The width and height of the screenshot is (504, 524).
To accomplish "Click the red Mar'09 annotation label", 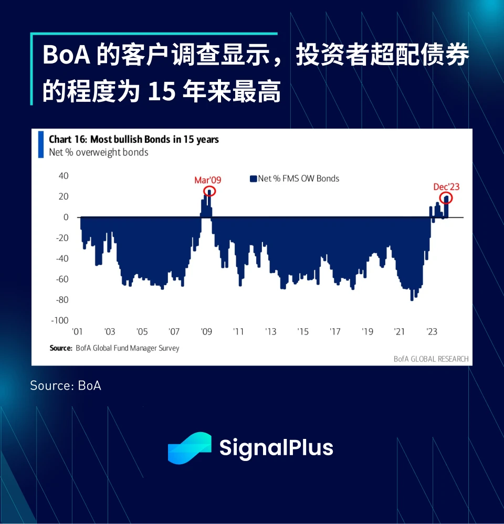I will point(208,180).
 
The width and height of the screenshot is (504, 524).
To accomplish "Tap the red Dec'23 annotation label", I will point(446,187).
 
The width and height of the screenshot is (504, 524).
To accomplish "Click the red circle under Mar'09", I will point(209,192).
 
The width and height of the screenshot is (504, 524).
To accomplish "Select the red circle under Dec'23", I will point(446,198).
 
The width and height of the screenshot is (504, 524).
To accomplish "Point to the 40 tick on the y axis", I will point(64,175).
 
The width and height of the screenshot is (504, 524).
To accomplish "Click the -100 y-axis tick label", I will point(59,320).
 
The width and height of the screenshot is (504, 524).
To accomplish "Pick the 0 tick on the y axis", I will point(66,217).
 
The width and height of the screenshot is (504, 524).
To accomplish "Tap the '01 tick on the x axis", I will point(77,332).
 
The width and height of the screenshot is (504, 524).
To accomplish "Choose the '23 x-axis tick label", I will point(432,332).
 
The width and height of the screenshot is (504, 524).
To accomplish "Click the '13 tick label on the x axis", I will point(270,332).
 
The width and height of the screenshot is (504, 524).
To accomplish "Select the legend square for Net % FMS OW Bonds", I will point(253,179).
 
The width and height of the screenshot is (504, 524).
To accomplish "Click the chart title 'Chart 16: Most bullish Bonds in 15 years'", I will point(134,140).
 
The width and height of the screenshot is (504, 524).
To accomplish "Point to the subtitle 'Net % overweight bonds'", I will point(99,152).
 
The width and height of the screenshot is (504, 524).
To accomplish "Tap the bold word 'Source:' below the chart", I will point(60,348).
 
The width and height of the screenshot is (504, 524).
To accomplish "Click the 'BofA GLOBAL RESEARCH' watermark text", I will point(430,359).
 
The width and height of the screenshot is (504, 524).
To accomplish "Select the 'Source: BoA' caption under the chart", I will point(66,385).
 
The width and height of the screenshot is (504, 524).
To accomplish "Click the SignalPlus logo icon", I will point(189,448).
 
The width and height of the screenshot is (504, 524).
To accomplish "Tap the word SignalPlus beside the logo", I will point(276,448).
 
